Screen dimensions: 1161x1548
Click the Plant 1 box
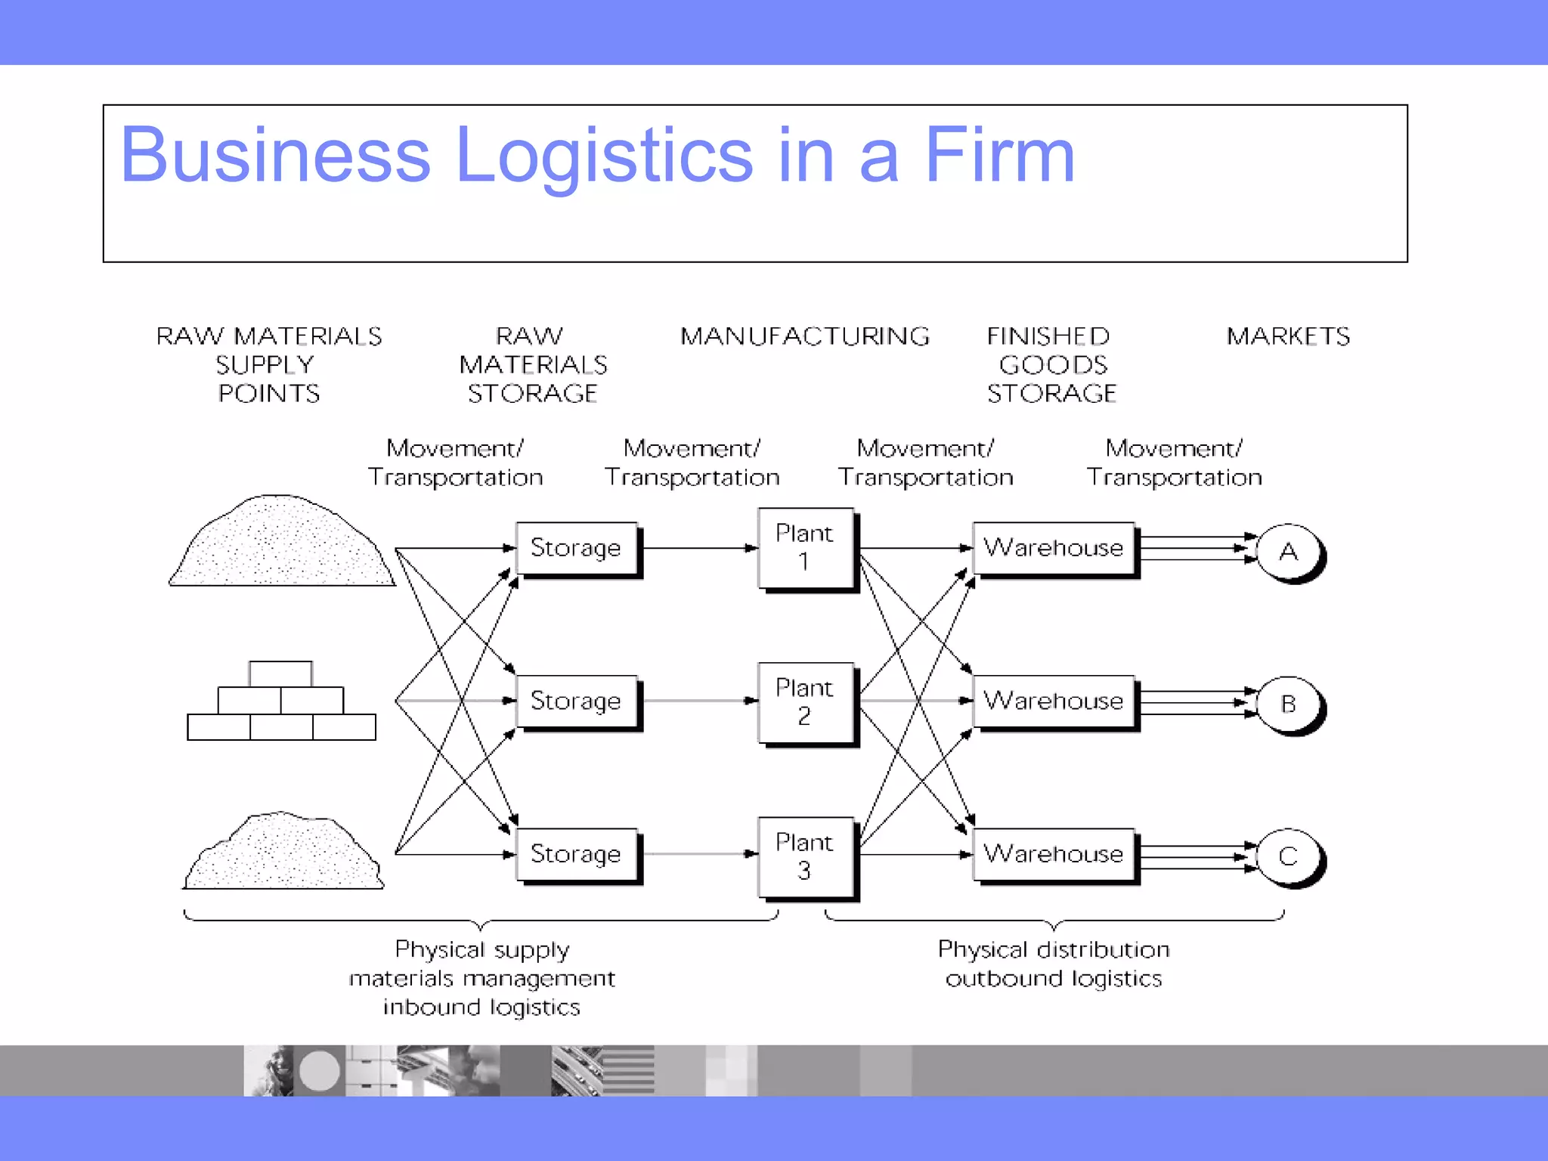coord(806,548)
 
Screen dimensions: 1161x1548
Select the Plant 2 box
coord(806,702)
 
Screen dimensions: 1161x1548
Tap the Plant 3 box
coord(806,856)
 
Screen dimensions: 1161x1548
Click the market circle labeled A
coord(1289,552)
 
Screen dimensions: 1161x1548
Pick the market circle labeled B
coord(1289,704)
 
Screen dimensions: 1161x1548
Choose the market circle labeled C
coord(1289,856)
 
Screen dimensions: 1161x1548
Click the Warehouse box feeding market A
coord(1054,548)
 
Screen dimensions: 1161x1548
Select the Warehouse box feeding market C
coord(1054,854)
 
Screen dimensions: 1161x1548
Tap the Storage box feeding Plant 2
coord(576,701)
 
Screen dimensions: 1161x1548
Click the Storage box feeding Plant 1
coord(576,548)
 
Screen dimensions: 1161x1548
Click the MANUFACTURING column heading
coord(805,336)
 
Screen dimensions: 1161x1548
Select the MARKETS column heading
coord(1288,336)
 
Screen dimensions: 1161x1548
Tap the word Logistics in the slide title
coord(605,156)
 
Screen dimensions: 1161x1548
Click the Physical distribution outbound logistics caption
coord(1054,964)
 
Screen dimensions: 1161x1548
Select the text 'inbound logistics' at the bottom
coord(481,1007)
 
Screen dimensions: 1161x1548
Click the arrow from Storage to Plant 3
coord(699,854)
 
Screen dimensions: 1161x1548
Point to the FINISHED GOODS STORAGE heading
coord(1051,365)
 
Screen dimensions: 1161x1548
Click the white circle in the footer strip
coord(320,1071)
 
